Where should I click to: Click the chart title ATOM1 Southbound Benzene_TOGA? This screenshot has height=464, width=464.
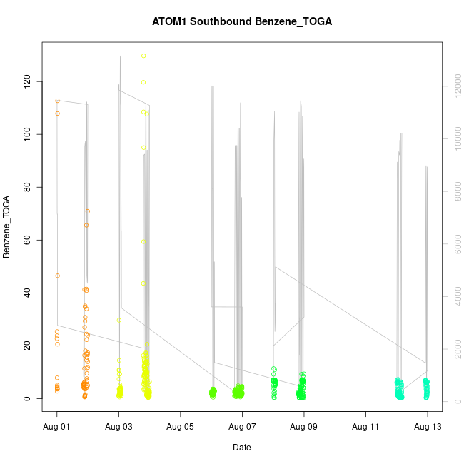click(x=241, y=21)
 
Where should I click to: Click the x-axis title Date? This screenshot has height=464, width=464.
click(x=241, y=448)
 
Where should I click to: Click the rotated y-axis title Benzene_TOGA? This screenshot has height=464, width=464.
click(x=8, y=227)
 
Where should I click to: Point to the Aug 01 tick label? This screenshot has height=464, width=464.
click(x=57, y=426)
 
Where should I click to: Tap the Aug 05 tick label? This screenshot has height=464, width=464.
click(x=181, y=426)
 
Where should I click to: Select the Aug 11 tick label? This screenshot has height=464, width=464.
click(x=365, y=426)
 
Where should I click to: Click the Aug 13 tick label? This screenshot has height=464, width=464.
click(x=427, y=426)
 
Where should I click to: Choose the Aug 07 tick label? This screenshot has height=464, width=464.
click(x=242, y=426)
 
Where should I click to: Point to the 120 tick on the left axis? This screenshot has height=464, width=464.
click(x=29, y=81)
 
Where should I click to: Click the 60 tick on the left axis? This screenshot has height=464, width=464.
click(x=31, y=240)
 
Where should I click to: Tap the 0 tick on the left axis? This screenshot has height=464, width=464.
click(x=34, y=398)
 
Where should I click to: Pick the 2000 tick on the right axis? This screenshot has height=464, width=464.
click(x=455, y=349)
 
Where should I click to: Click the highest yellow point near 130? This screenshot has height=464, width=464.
click(x=143, y=56)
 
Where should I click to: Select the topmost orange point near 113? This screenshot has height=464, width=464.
click(x=57, y=101)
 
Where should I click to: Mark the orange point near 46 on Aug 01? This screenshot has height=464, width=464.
click(x=57, y=276)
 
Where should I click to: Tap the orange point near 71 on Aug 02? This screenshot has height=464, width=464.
click(x=88, y=211)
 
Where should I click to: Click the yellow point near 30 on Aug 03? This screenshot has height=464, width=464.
click(x=119, y=320)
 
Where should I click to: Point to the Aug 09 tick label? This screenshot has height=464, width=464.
click(x=304, y=426)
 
